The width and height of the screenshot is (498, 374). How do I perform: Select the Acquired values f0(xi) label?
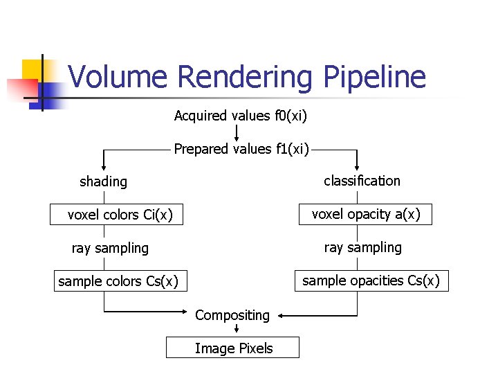pos(240,116)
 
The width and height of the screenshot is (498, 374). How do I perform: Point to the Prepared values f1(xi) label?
pos(241,149)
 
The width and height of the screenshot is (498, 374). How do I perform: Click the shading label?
pos(104,182)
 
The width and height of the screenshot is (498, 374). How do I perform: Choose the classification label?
pos(362,181)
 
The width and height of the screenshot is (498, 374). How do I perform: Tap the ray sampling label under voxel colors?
pos(110,248)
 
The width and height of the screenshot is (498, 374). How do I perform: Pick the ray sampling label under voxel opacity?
pos(362,247)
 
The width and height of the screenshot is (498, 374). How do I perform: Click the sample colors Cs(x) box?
pos(118,281)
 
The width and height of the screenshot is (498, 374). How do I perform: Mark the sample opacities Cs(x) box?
pos(371,280)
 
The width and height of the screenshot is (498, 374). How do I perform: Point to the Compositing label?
pos(232,315)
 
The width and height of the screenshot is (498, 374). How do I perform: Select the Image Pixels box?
pos(233,348)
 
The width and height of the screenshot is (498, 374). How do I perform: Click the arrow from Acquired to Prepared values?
pos(237,132)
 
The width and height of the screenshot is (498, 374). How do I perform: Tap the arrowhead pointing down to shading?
pos(104,166)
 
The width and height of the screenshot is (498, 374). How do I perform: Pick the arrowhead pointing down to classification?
pos(357,166)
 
